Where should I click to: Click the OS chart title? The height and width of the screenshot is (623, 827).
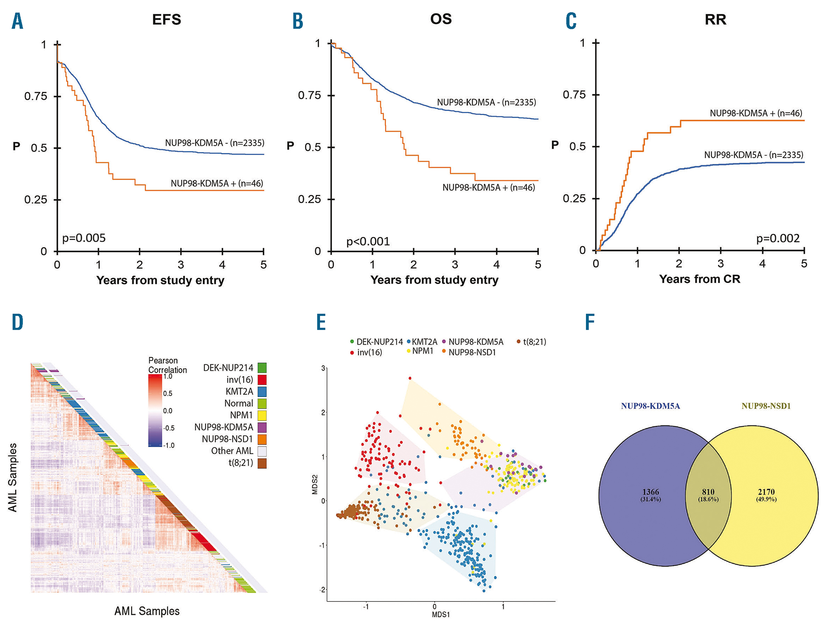441,19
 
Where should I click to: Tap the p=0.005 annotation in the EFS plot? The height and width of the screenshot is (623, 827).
84,238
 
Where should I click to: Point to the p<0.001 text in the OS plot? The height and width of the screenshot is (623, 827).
368,241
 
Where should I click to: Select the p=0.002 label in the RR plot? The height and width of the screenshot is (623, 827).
778,238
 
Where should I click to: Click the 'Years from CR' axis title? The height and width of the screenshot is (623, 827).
700,279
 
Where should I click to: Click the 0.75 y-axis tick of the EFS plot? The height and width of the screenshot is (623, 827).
36,96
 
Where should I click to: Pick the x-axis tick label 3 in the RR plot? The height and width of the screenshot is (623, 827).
721,264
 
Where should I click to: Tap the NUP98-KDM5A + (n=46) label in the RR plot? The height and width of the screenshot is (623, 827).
756,113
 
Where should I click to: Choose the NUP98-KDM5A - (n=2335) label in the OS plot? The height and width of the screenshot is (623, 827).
486,102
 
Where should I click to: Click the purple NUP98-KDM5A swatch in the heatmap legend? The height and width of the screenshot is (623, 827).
262,427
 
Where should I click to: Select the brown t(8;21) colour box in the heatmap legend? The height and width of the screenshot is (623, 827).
262,463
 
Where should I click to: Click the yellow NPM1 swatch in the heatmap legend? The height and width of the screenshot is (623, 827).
262,415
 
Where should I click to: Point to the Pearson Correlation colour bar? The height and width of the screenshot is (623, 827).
155,411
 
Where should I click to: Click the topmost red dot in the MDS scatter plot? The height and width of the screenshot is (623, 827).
410,378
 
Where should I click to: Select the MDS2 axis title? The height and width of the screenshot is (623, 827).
315,484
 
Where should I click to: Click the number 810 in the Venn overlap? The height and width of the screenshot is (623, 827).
708,492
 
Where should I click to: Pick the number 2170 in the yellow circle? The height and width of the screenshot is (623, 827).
766,492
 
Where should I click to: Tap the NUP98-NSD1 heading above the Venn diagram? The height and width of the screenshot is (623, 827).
766,406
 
